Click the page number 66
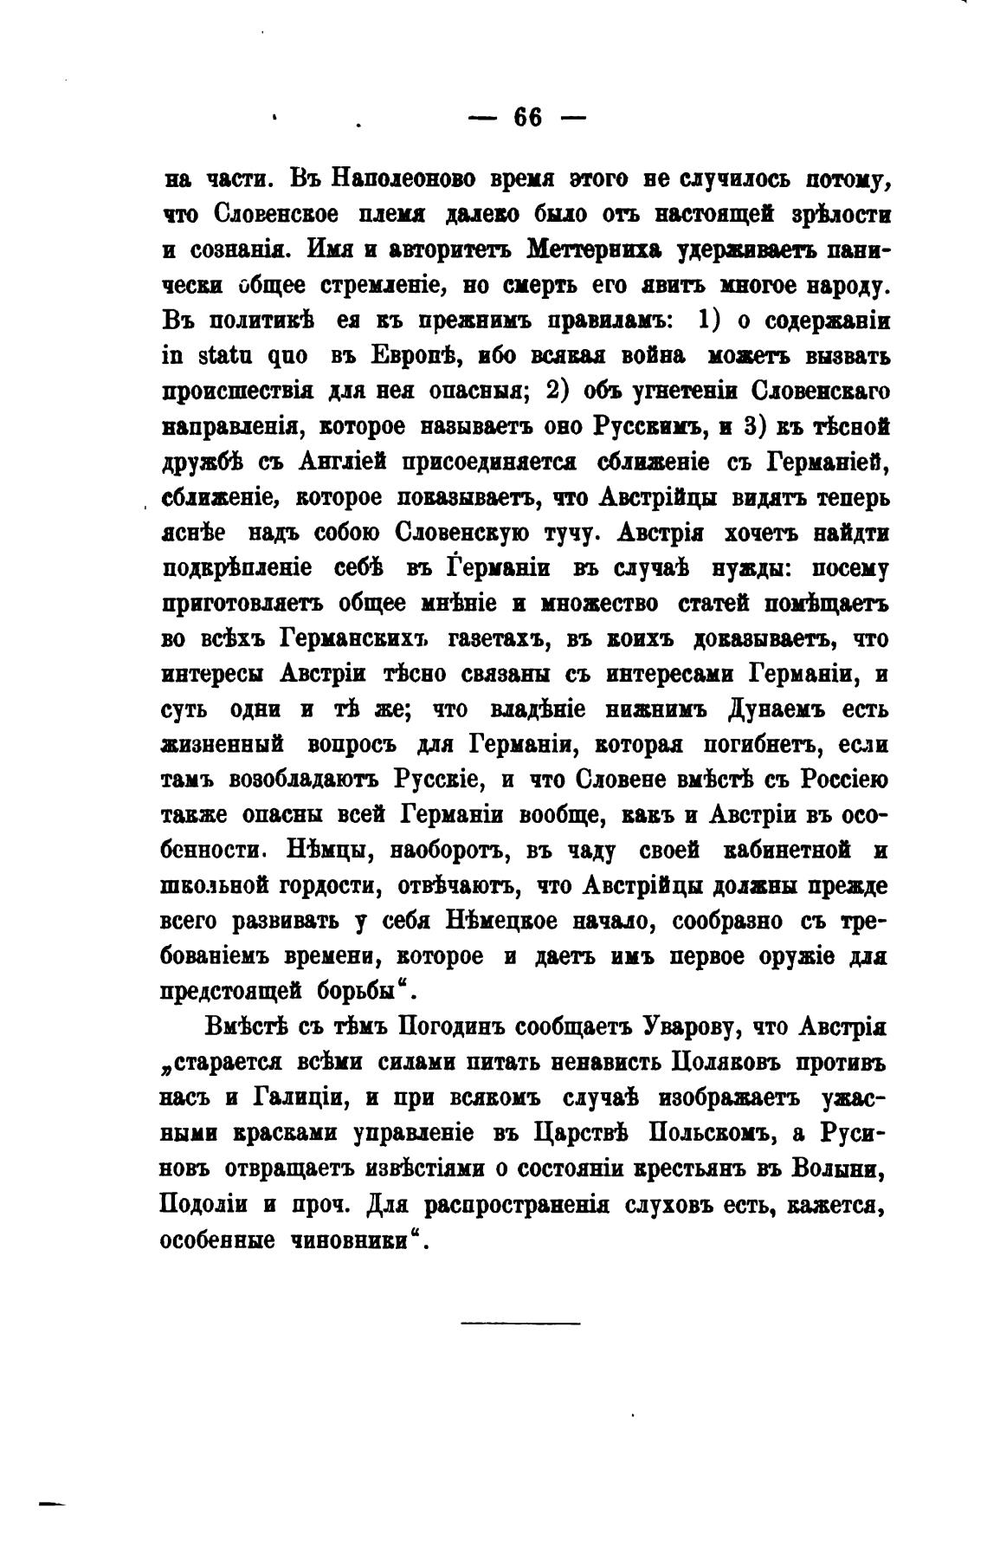[527, 116]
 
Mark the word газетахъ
[494, 639]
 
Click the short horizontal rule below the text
[520, 1323]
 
